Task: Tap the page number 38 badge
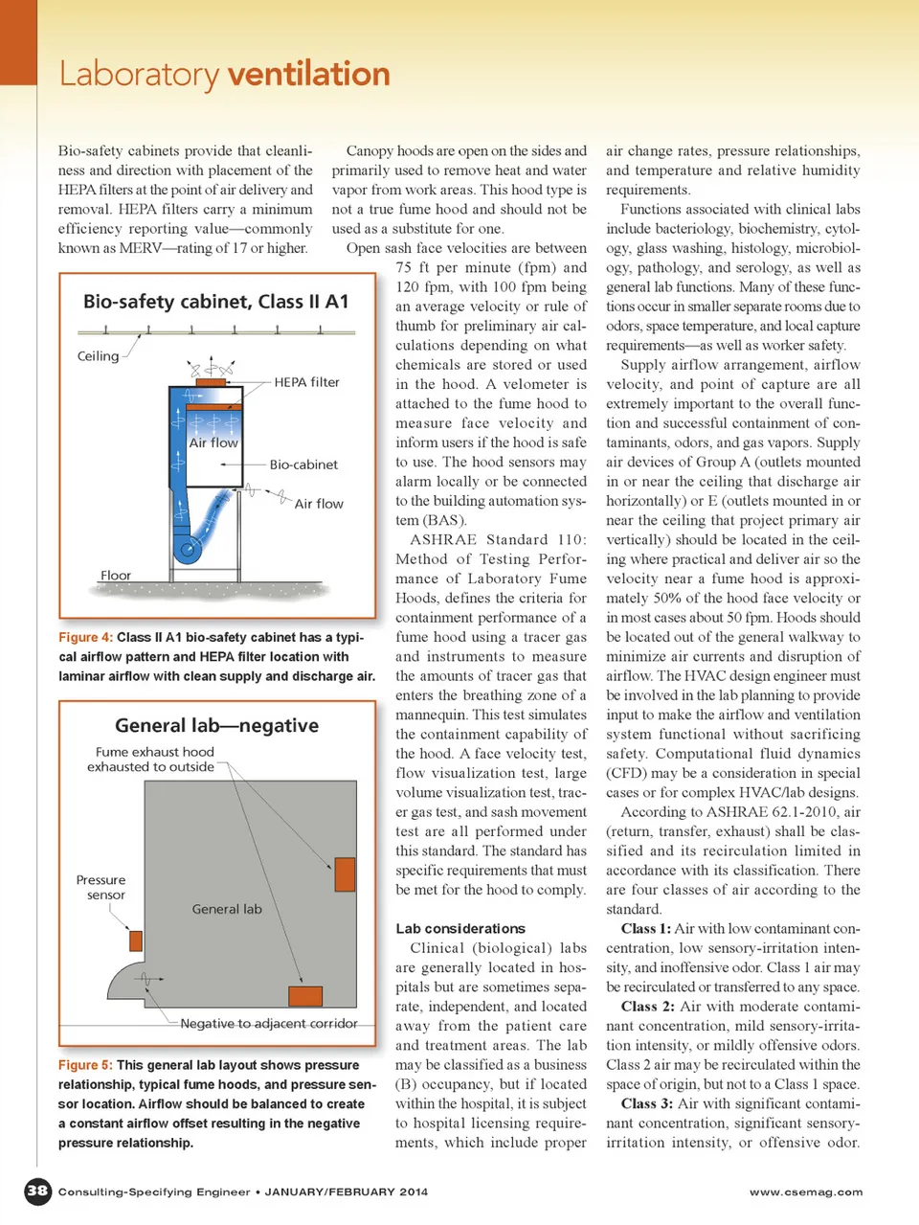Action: pyautogui.click(x=37, y=1191)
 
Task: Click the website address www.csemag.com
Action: pyautogui.click(x=806, y=1191)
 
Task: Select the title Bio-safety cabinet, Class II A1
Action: pyautogui.click(x=216, y=302)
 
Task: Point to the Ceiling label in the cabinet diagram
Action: pyautogui.click(x=99, y=356)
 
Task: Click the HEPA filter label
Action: pyautogui.click(x=306, y=382)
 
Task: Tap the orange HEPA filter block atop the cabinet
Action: pyautogui.click(x=210, y=382)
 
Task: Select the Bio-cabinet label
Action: pyautogui.click(x=303, y=465)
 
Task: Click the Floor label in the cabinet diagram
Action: pyautogui.click(x=116, y=576)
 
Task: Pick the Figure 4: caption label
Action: pyautogui.click(x=85, y=637)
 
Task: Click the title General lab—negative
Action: pyautogui.click(x=216, y=725)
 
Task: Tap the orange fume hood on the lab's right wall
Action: pyautogui.click(x=345, y=873)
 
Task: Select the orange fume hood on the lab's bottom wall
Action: pyautogui.click(x=304, y=994)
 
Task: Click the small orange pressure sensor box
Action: pyautogui.click(x=136, y=940)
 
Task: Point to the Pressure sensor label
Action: pyautogui.click(x=101, y=887)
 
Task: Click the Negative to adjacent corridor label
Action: pyautogui.click(x=269, y=1023)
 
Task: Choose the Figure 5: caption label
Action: pyautogui.click(x=85, y=1065)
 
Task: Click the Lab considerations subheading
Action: pyautogui.click(x=460, y=928)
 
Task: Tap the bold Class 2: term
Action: pyautogui.click(x=647, y=1007)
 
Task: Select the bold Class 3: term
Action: pyautogui.click(x=647, y=1103)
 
